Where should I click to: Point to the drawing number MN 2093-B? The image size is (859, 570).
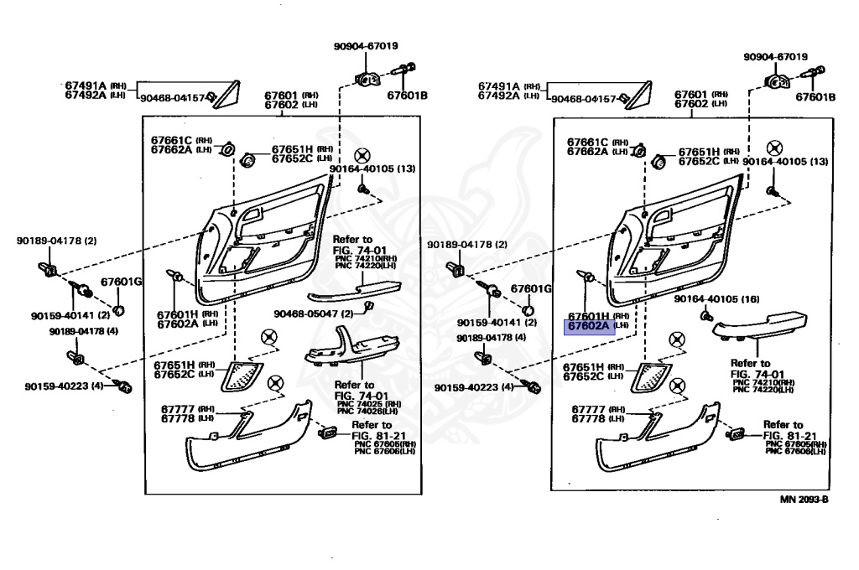[804, 500]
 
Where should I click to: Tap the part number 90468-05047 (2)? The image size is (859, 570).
[307, 313]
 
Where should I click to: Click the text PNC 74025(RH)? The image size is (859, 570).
[369, 404]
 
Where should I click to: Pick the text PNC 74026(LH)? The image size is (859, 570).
[369, 412]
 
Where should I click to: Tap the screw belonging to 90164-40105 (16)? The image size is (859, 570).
[706, 316]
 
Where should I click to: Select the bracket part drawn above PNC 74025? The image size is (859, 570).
[344, 353]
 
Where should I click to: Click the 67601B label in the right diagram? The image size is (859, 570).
[816, 97]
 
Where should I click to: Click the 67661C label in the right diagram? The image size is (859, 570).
[589, 141]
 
